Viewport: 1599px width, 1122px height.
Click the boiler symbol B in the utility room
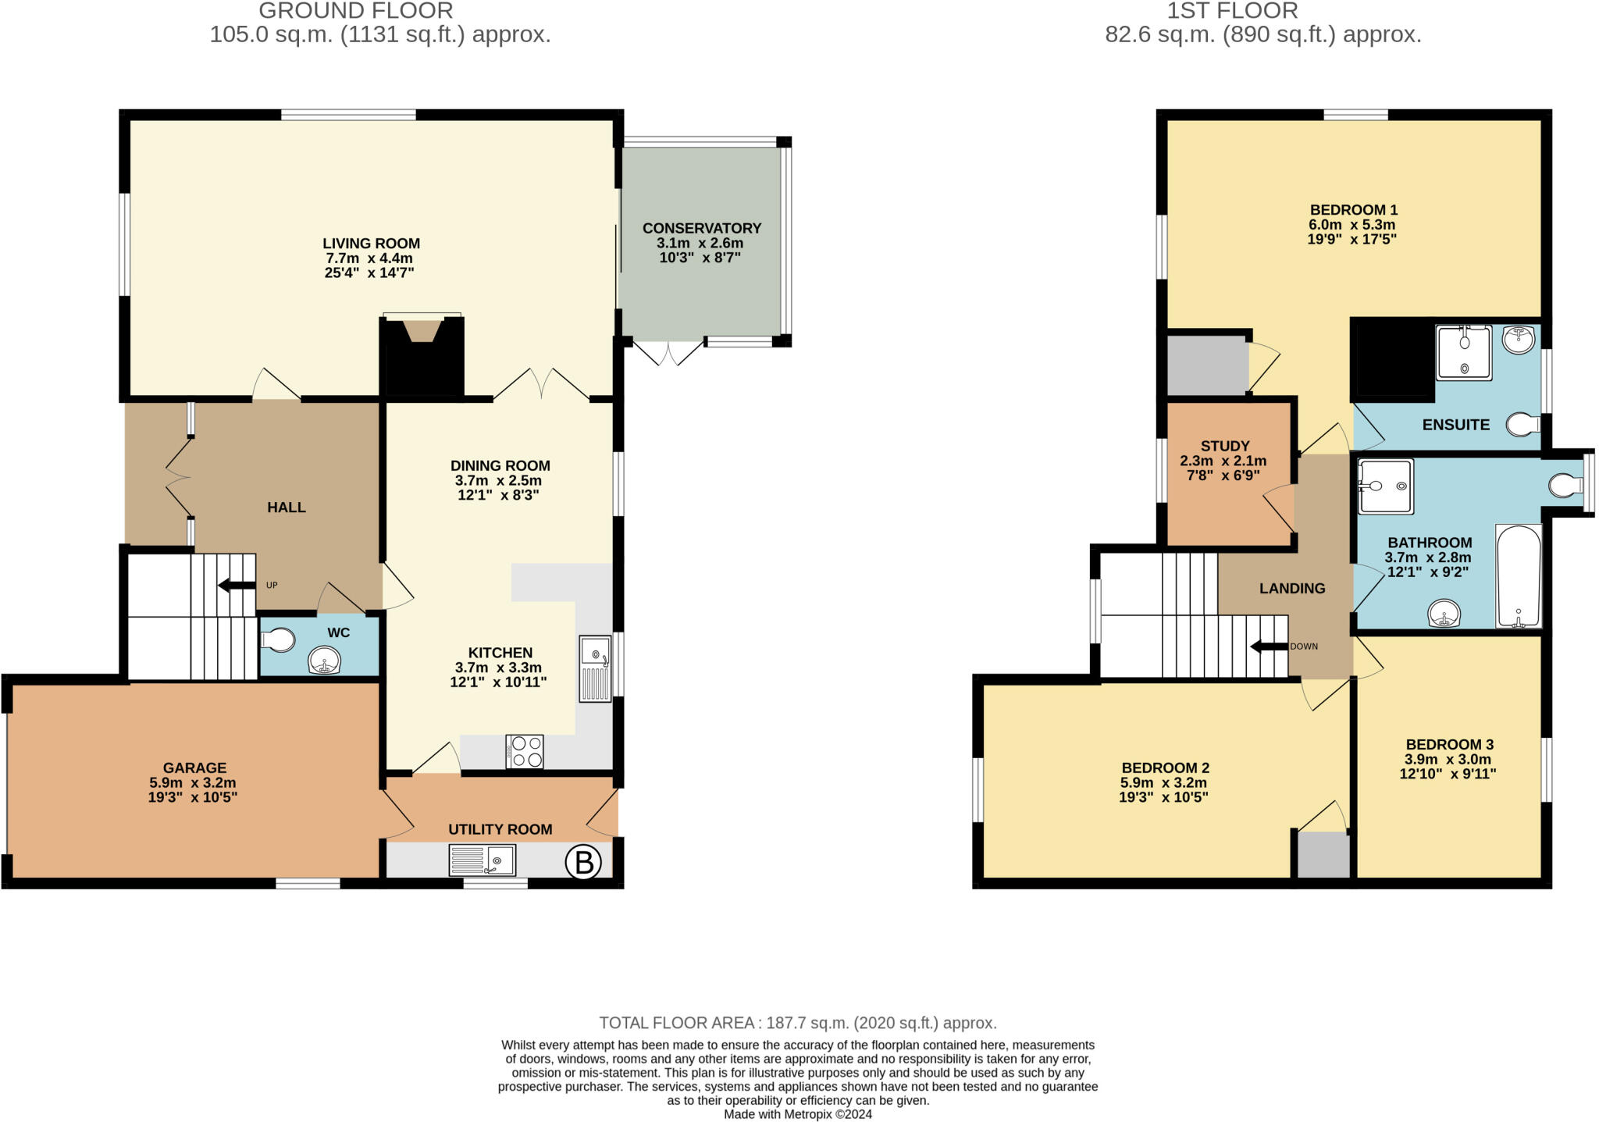pyautogui.click(x=583, y=863)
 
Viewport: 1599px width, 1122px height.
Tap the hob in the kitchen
pyautogui.click(x=525, y=751)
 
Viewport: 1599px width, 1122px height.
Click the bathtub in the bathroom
pyautogui.click(x=1519, y=576)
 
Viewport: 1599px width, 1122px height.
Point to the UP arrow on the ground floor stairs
pyautogui.click(x=236, y=585)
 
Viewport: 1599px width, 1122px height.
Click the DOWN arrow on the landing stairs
pyautogui.click(x=1268, y=646)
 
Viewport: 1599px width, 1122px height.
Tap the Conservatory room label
pyautogui.click(x=701, y=228)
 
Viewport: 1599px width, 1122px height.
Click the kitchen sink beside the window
pyautogui.click(x=595, y=668)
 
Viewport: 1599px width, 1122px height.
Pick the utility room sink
pyautogui.click(x=483, y=860)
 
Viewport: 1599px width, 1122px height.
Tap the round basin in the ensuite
pyautogui.click(x=1518, y=339)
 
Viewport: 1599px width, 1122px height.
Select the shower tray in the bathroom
pyautogui.click(x=1385, y=486)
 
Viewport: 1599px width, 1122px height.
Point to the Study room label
pyautogui.click(x=1224, y=446)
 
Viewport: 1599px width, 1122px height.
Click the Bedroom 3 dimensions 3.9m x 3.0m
pyautogui.click(x=1448, y=760)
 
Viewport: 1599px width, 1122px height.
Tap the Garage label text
pyautogui.click(x=194, y=768)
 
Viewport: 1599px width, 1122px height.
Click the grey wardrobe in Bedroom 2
pyautogui.click(x=1323, y=854)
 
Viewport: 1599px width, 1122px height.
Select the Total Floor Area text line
pyautogui.click(x=797, y=1023)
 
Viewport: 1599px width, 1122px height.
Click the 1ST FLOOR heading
pyautogui.click(x=1232, y=11)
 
